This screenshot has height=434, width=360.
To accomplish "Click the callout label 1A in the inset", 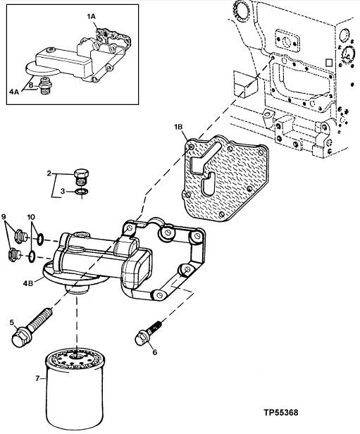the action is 91,17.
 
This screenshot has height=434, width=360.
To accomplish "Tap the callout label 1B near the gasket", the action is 178,127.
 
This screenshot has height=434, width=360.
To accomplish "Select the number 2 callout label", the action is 49,173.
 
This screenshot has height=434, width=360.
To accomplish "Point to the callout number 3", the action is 63,191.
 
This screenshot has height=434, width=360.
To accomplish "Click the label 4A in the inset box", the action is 14,92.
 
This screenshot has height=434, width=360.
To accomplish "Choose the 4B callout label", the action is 28,283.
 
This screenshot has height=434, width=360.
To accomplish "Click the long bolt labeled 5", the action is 31,329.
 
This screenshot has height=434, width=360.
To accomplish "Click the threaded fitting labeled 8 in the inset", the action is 45,85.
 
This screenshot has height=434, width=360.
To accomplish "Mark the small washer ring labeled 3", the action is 82,191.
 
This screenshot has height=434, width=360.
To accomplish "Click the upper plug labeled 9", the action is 20,237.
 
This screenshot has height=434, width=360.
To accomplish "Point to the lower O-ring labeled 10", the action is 32,256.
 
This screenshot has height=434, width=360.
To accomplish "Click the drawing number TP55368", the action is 281,413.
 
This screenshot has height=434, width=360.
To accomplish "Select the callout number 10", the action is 31,217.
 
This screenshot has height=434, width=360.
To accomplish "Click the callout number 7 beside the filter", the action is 37,378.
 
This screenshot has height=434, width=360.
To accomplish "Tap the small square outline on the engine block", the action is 329,63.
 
